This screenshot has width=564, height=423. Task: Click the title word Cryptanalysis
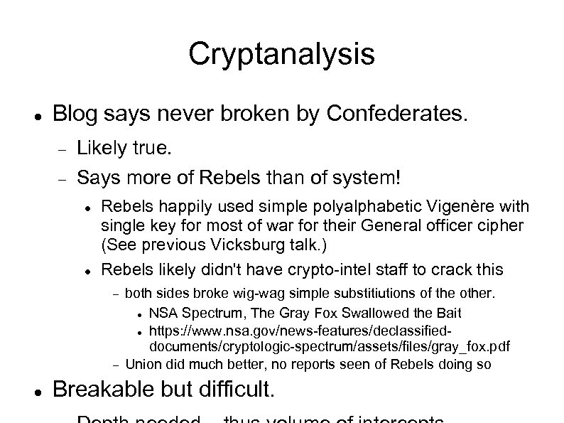[x=281, y=54]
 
